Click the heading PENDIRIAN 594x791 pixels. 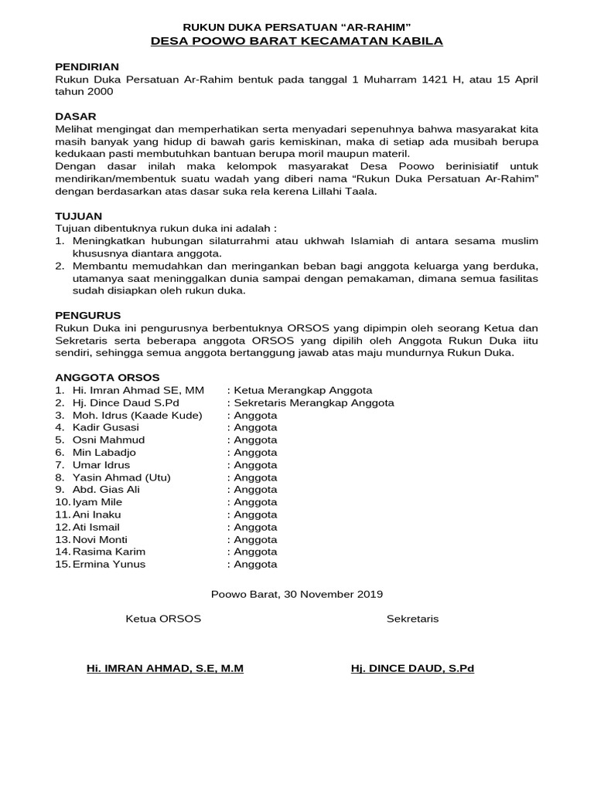coord(87,67)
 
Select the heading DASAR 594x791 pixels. coord(75,116)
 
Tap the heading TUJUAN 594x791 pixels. coord(79,216)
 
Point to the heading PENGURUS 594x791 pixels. coord(88,315)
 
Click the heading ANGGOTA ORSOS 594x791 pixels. coord(108,378)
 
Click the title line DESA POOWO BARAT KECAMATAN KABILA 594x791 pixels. coord(296,42)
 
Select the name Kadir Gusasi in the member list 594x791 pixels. coord(106,427)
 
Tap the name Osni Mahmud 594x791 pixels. coord(108,440)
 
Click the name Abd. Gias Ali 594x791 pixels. coord(106,489)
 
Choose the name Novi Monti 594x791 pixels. coord(100,539)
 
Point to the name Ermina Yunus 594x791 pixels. coord(108,564)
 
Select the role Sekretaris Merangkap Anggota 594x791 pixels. coord(314,402)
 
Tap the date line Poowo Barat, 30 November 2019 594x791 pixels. coord(297,594)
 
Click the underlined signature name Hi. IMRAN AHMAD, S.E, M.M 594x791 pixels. coord(165,668)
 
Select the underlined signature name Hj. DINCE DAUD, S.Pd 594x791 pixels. coord(412,668)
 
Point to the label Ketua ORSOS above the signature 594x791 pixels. coord(163,619)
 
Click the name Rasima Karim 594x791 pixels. coord(108,552)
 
